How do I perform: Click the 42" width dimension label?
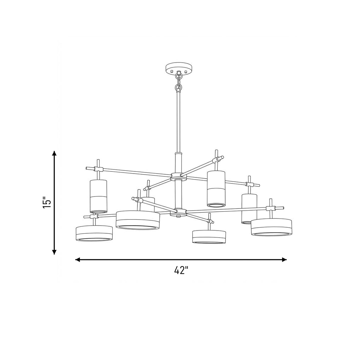pyautogui.click(x=181, y=270)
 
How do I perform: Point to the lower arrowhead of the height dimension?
pyautogui.click(x=54, y=252)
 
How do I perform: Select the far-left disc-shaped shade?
pyautogui.click(x=94, y=233)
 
